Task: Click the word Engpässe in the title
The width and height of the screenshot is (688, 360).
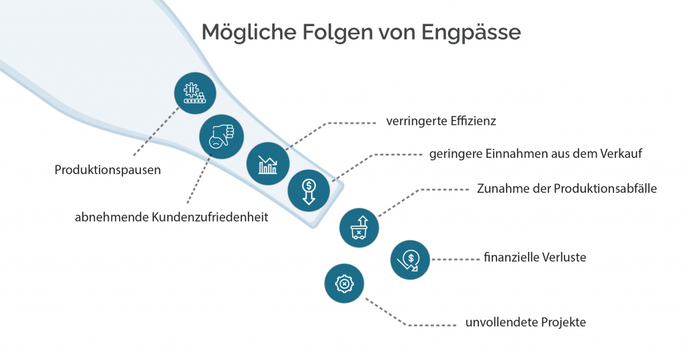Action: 471,33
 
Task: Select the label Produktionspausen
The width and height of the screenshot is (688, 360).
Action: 107,170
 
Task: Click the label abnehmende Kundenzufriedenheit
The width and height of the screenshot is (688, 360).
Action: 171,217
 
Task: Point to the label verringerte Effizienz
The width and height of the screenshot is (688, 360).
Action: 441,121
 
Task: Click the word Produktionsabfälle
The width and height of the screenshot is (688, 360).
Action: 605,189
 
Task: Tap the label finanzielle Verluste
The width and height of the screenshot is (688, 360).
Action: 535,257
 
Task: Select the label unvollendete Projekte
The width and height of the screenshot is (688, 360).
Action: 525,322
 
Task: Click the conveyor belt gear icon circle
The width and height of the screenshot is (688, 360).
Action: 196,93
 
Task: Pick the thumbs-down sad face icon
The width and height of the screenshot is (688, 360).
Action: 222,137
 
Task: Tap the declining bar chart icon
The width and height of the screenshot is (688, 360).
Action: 268,164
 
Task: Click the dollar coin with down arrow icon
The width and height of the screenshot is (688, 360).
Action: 308,191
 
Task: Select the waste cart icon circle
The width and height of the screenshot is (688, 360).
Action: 359,228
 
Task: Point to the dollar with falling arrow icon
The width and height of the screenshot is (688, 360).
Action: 411,259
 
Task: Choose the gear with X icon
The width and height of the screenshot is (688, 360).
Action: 345,283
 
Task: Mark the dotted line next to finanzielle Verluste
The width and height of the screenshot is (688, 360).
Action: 456,259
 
